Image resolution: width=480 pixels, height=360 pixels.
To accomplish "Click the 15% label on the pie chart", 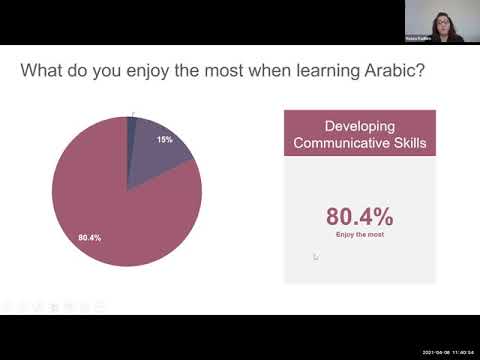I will [164, 139].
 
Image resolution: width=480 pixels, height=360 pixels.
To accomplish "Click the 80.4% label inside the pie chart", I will [89, 237].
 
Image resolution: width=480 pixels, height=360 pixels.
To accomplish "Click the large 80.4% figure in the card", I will [359, 215].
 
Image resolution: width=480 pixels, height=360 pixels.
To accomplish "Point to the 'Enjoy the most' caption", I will [359, 234].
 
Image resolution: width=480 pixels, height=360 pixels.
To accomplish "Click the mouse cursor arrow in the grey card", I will [315, 256].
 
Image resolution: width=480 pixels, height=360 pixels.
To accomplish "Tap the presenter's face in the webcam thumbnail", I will [440, 21].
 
